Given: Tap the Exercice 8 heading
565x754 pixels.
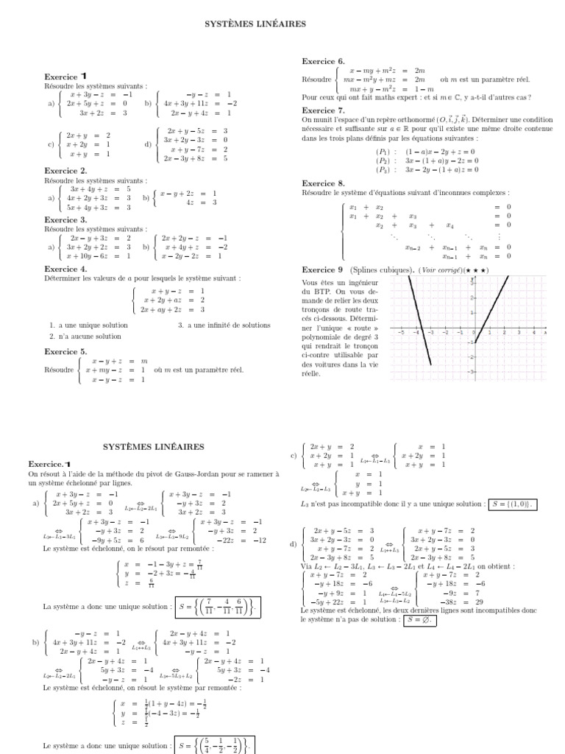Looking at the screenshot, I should point(323,183).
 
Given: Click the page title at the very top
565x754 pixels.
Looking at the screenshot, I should point(255,24).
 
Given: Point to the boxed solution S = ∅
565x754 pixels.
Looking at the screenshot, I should point(420,620).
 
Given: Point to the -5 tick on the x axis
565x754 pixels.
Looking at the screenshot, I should point(402,333).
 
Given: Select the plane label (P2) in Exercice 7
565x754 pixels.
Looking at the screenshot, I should point(383,161).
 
